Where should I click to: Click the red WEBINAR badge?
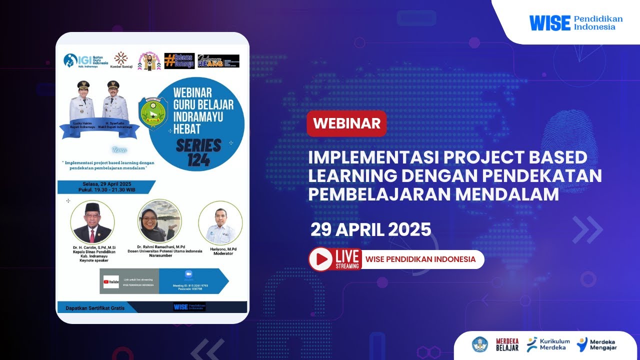point(346,123)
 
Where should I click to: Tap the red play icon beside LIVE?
point(321,259)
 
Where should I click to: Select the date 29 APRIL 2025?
point(370,229)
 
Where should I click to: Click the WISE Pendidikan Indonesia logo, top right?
point(576,22)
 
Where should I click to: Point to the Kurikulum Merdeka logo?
point(548,344)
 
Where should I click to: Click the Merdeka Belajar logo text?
point(507,344)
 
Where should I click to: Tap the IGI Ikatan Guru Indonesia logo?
point(86,61)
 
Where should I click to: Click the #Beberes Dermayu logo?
point(179,61)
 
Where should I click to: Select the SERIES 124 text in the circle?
point(198,152)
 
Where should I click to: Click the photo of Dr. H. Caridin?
point(92,222)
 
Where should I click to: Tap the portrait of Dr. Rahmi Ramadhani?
point(159,221)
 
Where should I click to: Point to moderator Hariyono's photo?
point(220,222)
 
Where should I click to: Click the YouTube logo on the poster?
point(111,282)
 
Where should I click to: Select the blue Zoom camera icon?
point(188,274)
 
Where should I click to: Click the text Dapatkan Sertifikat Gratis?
point(95,308)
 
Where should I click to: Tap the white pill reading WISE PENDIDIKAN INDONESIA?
point(421,259)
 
